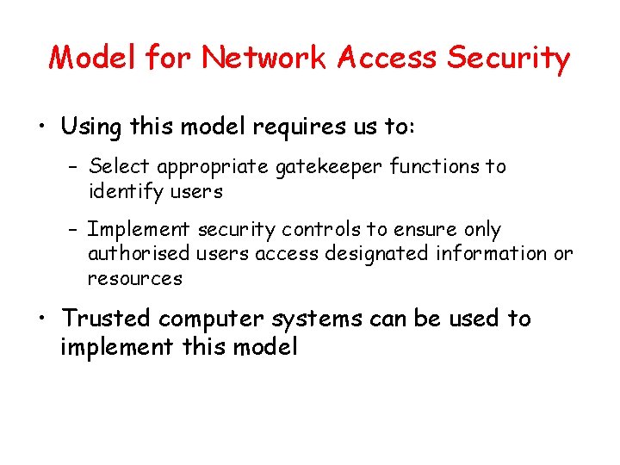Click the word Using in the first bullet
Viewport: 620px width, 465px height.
tap(92, 127)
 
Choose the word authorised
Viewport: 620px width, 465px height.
tap(139, 254)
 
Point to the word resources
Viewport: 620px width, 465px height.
tap(135, 279)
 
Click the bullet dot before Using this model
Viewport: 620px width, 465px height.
tap(41, 128)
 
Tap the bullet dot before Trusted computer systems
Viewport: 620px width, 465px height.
tap(41, 319)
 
